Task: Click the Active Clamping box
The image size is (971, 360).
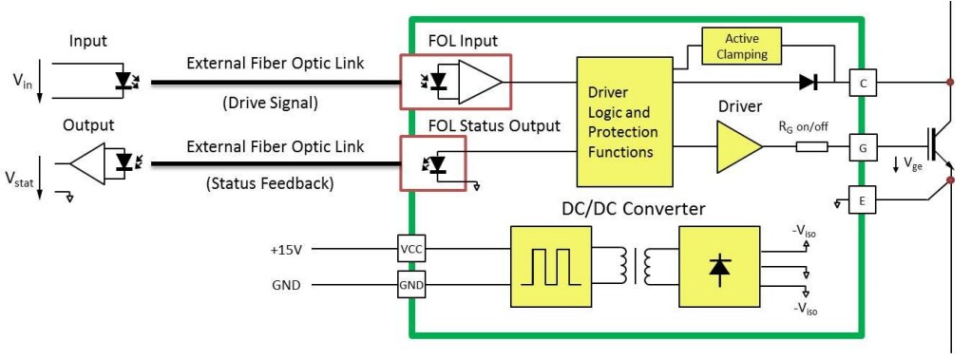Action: click(x=741, y=46)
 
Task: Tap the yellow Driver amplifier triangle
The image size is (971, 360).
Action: click(x=737, y=146)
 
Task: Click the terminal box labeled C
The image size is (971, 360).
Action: click(x=861, y=84)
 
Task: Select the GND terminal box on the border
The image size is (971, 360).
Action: click(x=411, y=283)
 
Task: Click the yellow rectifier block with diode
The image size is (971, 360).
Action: click(x=718, y=267)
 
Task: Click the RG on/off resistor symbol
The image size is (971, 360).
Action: click(x=811, y=147)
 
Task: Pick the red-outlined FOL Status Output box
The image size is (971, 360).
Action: click(x=433, y=163)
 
